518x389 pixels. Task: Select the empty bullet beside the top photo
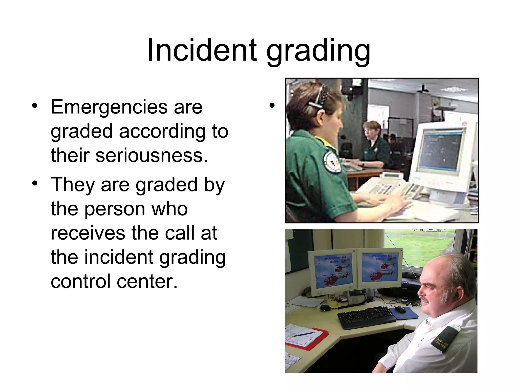click(x=272, y=106)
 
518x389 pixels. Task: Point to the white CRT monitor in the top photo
click(x=443, y=154)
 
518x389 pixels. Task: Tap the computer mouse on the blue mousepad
click(x=400, y=309)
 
